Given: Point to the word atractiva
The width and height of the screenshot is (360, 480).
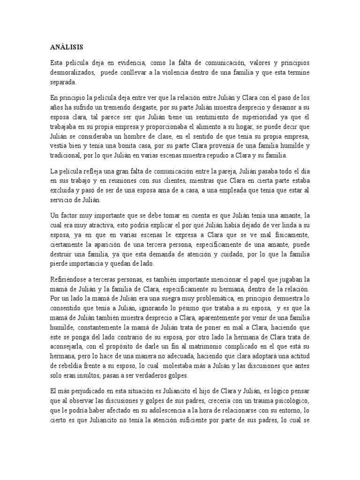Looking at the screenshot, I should coord(99,225).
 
